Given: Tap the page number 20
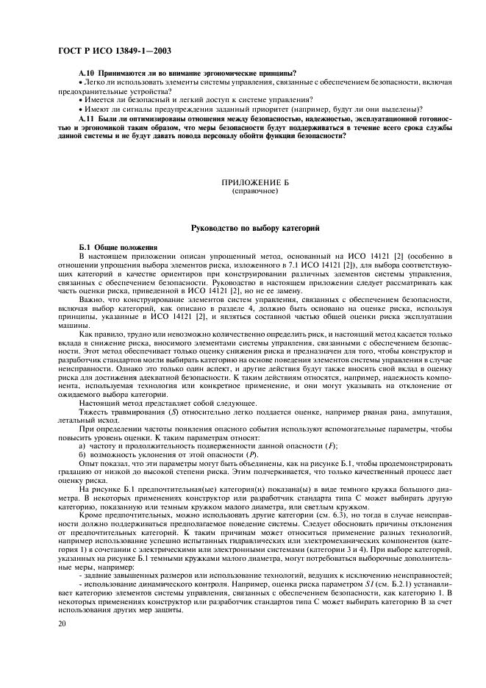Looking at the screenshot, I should (62, 623).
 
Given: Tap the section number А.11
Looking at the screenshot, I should (87, 117).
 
